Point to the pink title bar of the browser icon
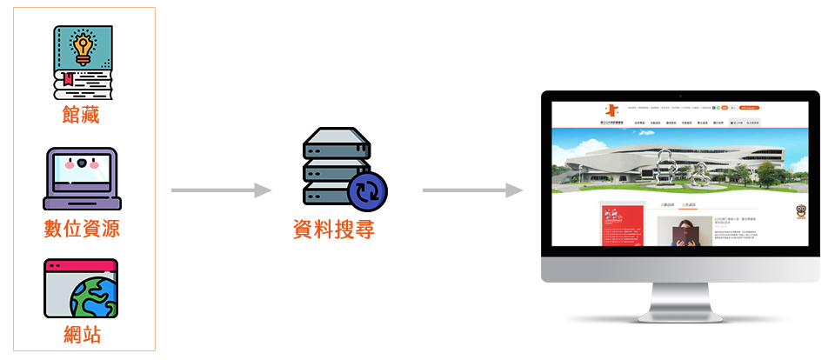click(81, 264)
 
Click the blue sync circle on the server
click(366, 190)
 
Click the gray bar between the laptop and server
click(221, 190)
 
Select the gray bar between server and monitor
click(472, 190)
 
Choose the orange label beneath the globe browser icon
click(82, 334)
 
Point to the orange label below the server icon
click(334, 230)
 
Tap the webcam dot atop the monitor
click(679, 95)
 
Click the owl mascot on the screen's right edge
click(799, 212)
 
